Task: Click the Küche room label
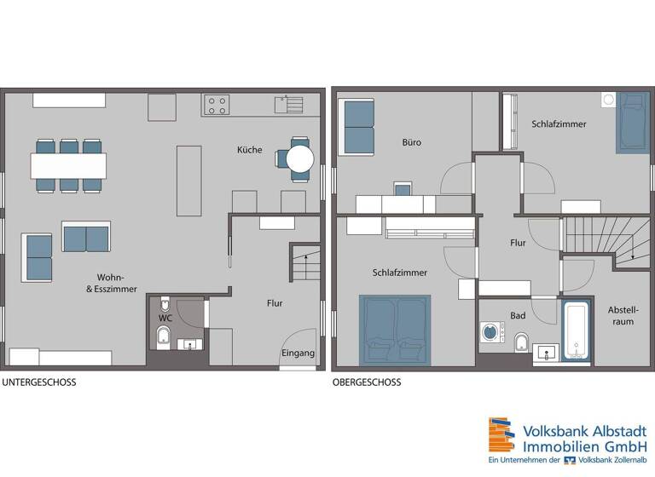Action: tap(249, 150)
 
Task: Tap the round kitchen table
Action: tap(299, 158)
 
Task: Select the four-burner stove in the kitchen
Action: tap(217, 105)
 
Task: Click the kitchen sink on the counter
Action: tap(290, 105)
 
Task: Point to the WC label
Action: tap(165, 319)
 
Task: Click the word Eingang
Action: tap(298, 353)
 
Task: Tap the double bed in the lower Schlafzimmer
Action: tap(395, 329)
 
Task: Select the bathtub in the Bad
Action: tap(576, 330)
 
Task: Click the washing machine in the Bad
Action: tap(491, 332)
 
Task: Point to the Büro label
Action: tap(413, 142)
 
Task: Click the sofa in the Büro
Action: tap(356, 127)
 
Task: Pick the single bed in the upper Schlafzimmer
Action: tap(630, 123)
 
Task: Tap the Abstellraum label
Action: tap(623, 315)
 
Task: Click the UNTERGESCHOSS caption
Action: tap(38, 382)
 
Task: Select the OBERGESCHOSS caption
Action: tap(367, 382)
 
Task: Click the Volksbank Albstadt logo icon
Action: tap(501, 435)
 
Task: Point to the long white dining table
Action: tap(69, 164)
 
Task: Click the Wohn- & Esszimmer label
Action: tap(111, 284)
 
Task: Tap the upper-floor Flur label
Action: tap(518, 243)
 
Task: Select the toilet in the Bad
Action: tap(522, 343)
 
